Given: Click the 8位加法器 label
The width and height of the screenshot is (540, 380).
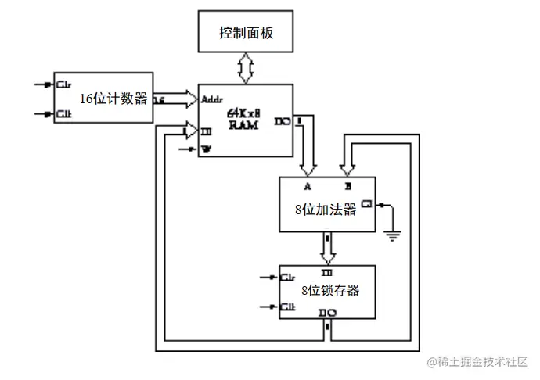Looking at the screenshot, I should [x=325, y=210].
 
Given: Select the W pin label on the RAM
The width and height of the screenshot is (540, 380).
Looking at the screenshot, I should [x=207, y=149].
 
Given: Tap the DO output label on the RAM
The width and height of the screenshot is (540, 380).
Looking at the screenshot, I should [x=281, y=121].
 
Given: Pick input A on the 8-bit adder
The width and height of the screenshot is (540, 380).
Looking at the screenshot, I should [x=308, y=188].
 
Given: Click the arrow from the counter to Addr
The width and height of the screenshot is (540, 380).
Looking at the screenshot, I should [x=182, y=99].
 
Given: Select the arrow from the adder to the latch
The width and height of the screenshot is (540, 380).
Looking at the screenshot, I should [x=327, y=248].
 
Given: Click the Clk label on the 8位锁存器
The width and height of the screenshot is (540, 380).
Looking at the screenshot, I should [x=288, y=307].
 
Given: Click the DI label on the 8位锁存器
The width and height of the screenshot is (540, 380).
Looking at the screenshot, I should [x=327, y=271].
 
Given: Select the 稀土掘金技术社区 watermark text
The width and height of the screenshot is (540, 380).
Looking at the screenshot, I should [x=484, y=362].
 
